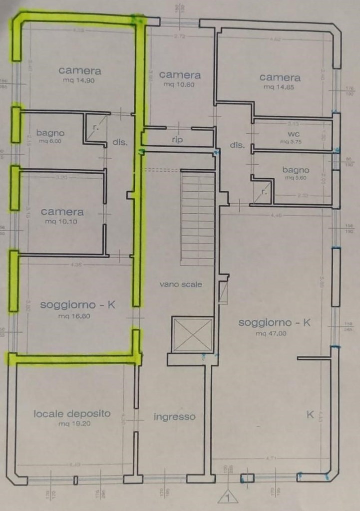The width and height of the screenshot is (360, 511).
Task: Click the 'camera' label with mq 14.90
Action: [x=80, y=71]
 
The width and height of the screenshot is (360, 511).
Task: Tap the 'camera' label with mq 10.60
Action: [x=180, y=75]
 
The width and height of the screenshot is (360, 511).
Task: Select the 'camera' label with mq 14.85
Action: [x=280, y=77]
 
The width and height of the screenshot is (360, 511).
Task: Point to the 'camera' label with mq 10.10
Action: [x=62, y=212]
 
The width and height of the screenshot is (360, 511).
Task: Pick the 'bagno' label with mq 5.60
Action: [x=295, y=170]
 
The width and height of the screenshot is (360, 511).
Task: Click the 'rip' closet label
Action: [x=177, y=140]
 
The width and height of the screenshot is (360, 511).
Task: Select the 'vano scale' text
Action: [x=181, y=284]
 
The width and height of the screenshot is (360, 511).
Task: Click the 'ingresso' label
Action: [x=174, y=417]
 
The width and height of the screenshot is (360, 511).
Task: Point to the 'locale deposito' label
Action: [x=72, y=413]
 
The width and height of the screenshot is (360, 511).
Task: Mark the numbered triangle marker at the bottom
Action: [x=228, y=496]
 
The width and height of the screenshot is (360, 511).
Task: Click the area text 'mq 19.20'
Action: [x=73, y=424]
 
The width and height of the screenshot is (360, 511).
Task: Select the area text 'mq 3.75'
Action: [x=292, y=142]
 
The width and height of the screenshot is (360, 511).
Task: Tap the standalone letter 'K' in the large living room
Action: [x=310, y=415]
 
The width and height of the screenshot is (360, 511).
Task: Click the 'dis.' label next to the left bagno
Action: [x=120, y=142]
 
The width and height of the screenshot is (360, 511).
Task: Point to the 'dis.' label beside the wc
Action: [x=236, y=146]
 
